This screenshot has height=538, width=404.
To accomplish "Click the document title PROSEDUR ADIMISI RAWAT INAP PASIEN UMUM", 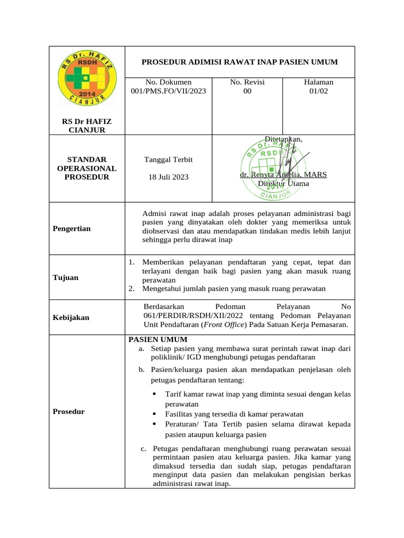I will click(x=239, y=62).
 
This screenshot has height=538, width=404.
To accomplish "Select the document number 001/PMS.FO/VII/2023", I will click(x=168, y=91).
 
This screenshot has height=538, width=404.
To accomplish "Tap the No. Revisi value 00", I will click(x=247, y=91).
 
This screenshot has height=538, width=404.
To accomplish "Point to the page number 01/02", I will click(x=319, y=91).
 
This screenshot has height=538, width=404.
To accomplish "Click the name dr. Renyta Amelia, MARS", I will click(x=283, y=174).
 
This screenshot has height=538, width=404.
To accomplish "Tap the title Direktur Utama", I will click(x=283, y=183).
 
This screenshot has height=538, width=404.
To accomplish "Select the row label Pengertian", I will click(x=72, y=229).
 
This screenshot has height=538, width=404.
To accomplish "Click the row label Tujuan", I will click(x=66, y=277).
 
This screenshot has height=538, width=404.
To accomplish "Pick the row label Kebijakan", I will click(x=71, y=317).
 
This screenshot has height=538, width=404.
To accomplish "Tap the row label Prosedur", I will click(x=69, y=411).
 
